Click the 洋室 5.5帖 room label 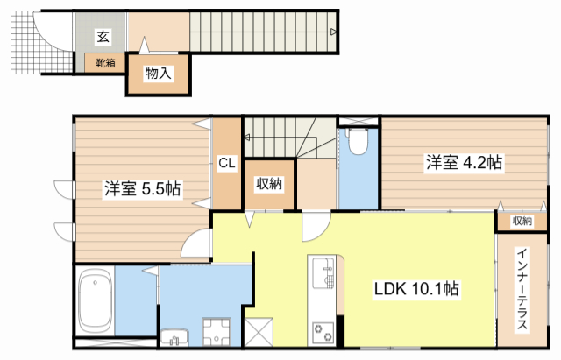point(143,188)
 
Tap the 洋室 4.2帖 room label point(465,162)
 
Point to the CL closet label point(226,162)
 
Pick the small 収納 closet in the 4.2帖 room point(521,222)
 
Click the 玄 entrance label point(103,36)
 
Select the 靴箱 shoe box point(105,62)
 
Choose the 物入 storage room point(158,74)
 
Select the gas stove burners point(322,332)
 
